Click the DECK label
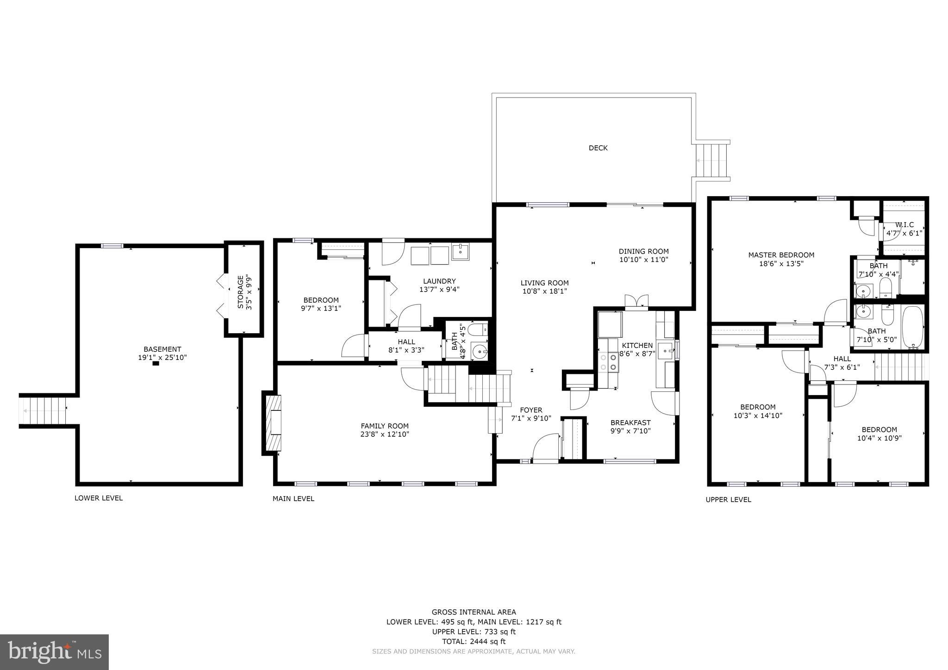[598, 148]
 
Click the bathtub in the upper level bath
[912, 327]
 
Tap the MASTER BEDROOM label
[781, 255]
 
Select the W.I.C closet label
[904, 225]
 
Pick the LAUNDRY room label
[439, 281]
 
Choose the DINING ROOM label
[643, 251]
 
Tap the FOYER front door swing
[545, 446]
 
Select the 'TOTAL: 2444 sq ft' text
[474, 641]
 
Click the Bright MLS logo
[54, 652]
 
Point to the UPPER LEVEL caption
[728, 500]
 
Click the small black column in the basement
[156, 364]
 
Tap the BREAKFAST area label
[630, 422]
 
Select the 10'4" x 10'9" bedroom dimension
[879, 438]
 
